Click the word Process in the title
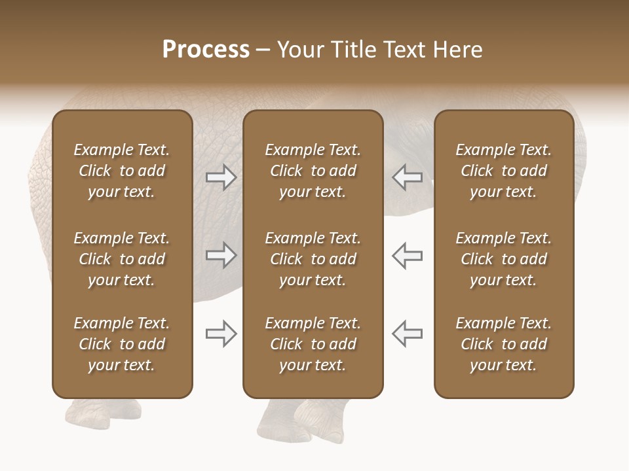(206, 50)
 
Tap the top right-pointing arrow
(221, 177)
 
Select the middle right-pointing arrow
(221, 255)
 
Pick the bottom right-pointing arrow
(221, 334)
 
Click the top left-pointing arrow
(407, 177)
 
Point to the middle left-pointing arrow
(407, 255)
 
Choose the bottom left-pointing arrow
(407, 334)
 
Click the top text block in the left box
(122, 171)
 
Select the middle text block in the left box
(122, 259)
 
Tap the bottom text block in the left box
(122, 344)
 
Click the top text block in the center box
(313, 171)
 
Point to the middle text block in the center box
(313, 259)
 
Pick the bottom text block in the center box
(313, 344)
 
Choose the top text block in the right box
(503, 171)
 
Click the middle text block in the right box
(503, 259)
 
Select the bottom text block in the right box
(503, 344)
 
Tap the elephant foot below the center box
(308, 422)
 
